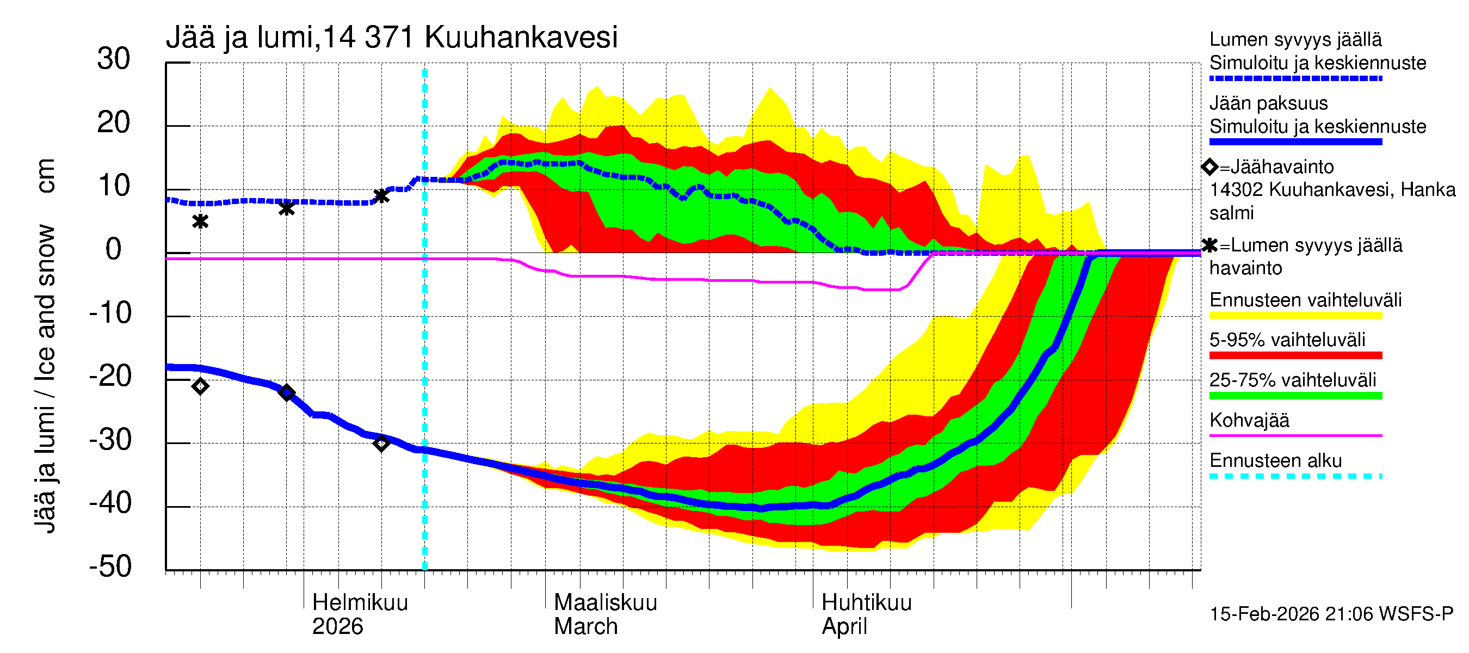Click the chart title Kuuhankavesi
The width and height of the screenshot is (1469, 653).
(521, 38)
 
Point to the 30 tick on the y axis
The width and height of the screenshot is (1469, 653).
(114, 59)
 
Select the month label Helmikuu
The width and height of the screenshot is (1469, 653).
(360, 602)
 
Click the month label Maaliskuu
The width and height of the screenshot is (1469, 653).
(605, 602)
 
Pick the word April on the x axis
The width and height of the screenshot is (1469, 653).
(844, 627)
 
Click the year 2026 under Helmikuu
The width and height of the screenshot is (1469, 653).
(337, 627)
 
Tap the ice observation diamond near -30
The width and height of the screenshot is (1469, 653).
(381, 443)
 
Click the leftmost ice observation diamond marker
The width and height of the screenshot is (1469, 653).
(200, 387)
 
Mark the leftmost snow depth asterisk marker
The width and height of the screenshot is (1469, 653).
(200, 221)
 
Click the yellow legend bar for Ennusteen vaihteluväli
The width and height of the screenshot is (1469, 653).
(1295, 316)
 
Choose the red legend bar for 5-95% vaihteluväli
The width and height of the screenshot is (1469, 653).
(1295, 355)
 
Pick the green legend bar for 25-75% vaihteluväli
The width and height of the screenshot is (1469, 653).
(1295, 395)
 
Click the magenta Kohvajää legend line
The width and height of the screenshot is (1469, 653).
(1295, 436)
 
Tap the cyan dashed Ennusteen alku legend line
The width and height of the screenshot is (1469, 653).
(1295, 476)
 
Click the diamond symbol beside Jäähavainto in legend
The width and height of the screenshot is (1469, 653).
(1209, 167)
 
